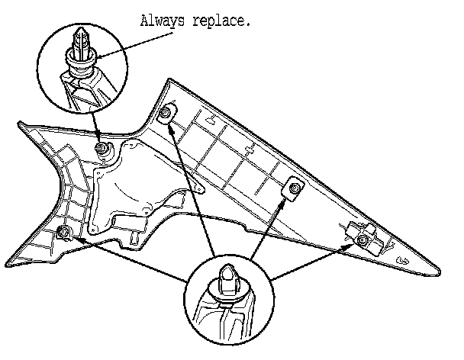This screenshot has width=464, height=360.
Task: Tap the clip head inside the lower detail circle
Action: point(230,278)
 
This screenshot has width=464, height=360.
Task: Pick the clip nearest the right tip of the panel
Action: point(364,240)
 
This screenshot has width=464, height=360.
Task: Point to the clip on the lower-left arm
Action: point(65,232)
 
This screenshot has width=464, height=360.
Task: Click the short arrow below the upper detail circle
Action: point(95,130)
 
